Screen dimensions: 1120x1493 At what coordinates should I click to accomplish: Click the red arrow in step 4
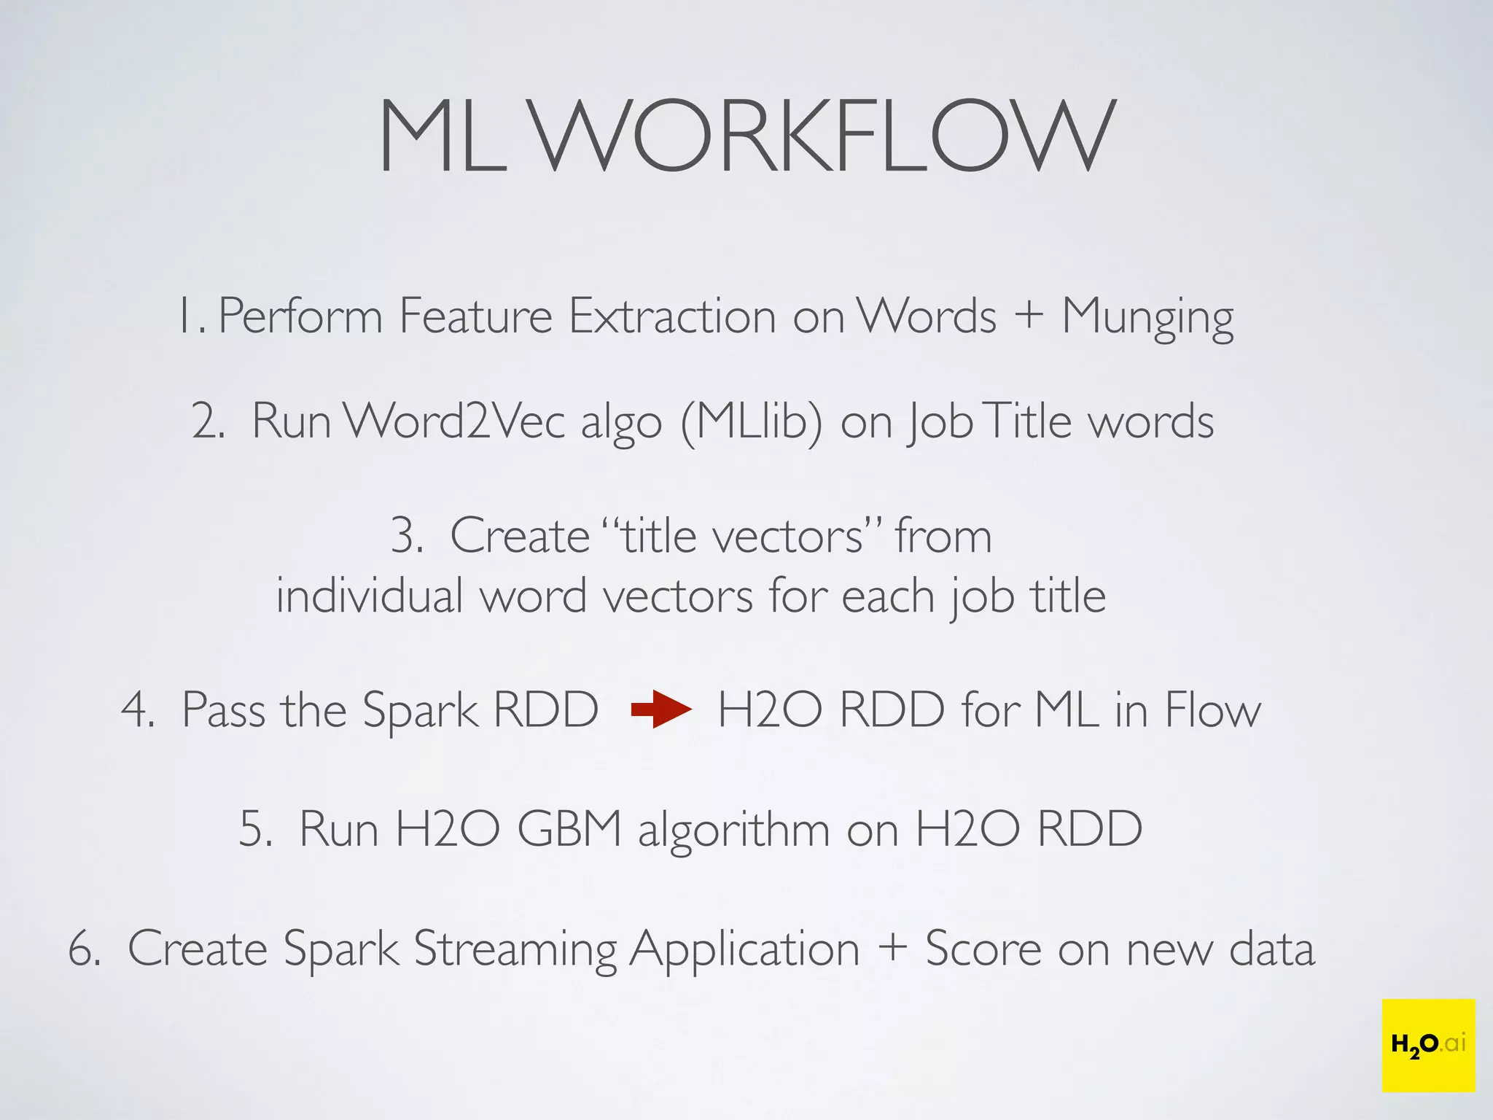(x=660, y=709)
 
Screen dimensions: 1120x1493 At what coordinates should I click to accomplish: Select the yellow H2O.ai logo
(x=1427, y=1045)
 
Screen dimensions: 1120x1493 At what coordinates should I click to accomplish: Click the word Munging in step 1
(x=1147, y=318)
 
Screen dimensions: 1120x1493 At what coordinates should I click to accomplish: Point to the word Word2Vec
(x=453, y=421)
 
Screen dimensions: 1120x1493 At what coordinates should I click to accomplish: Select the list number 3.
(x=407, y=536)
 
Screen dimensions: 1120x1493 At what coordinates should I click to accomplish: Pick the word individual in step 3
(x=369, y=596)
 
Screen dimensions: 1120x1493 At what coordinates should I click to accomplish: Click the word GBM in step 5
(x=569, y=829)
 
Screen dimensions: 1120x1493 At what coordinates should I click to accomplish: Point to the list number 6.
(x=84, y=949)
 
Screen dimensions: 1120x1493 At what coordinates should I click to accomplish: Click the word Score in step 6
(x=983, y=949)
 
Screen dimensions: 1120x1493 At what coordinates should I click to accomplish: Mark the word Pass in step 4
(x=223, y=709)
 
